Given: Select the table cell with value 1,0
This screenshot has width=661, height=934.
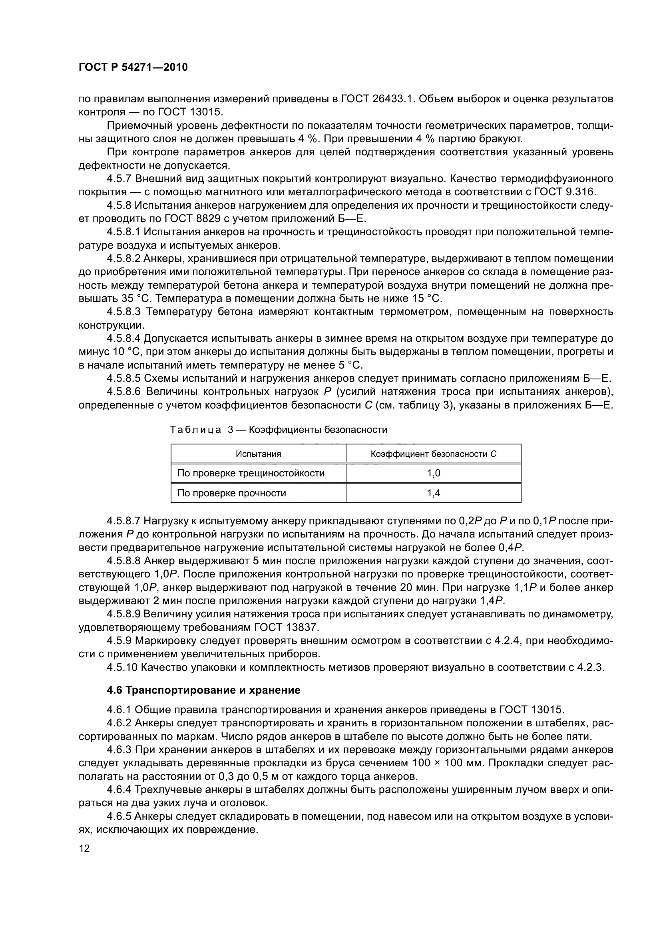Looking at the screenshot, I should (433, 473).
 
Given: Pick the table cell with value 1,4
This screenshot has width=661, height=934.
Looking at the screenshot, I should (433, 493).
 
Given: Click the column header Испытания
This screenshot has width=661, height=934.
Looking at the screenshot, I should (258, 454).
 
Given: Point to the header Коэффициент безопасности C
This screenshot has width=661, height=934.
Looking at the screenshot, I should (433, 454).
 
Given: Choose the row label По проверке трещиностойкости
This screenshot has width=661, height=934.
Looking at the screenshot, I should (251, 473).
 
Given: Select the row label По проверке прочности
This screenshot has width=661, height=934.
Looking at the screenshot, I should (232, 493).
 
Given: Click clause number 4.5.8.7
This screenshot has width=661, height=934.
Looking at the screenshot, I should (124, 521).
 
